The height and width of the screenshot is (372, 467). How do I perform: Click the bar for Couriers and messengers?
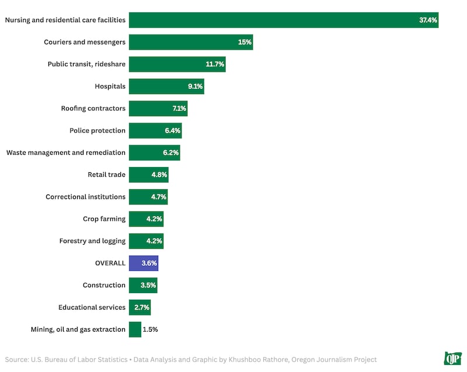pyautogui.click(x=190, y=42)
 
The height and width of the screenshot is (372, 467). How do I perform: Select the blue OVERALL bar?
pyautogui.click(x=143, y=263)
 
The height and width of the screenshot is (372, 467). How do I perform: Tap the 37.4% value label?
pyautogui.click(x=427, y=20)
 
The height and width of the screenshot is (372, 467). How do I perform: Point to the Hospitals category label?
pyautogui.click(x=110, y=86)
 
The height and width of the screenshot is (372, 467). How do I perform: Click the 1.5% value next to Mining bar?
pyautogui.click(x=150, y=329)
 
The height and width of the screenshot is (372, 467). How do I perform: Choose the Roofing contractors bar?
pyautogui.click(x=158, y=109)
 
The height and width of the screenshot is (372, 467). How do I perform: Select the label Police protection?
pyautogui.click(x=97, y=130)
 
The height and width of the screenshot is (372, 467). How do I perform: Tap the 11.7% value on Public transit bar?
pyautogui.click(x=214, y=64)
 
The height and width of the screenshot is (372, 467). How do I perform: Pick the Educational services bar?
pyautogui.click(x=140, y=307)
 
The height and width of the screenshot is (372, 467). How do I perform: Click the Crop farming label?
pyautogui.click(x=104, y=219)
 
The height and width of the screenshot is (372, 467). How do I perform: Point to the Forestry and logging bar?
pyautogui.click(x=146, y=241)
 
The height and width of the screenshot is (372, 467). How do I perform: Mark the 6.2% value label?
pyautogui.click(x=171, y=152)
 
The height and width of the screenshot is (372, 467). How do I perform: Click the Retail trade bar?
pyautogui.click(x=148, y=175)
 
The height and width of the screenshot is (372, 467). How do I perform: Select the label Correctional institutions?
pyautogui.click(x=85, y=197)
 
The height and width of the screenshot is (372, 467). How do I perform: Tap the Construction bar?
pyautogui.click(x=143, y=285)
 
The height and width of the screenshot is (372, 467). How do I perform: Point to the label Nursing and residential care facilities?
pyautogui.click(x=65, y=20)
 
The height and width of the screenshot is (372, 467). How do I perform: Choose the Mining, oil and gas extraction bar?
pyautogui.click(x=135, y=329)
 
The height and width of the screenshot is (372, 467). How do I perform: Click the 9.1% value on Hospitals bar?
pyautogui.click(x=195, y=86)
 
